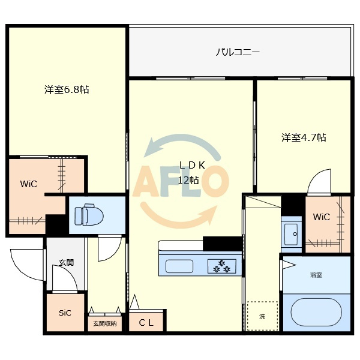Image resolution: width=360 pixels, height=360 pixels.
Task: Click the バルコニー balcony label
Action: [x=238, y=52]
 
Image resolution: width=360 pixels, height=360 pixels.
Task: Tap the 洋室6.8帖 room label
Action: [x=67, y=89]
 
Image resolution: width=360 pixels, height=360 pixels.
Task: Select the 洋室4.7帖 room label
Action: [x=304, y=137]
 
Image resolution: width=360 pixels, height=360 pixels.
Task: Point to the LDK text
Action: [x=192, y=166]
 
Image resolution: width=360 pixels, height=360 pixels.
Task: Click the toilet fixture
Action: [x=89, y=214]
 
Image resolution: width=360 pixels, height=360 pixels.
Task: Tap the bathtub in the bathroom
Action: [x=316, y=312]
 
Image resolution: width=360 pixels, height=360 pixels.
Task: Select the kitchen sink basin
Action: [x=179, y=266]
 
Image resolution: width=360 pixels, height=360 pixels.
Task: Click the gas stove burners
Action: [x=222, y=266]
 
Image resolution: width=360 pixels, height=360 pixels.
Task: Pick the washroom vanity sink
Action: [x=292, y=235]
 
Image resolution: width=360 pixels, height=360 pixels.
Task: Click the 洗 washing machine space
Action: [x=262, y=316]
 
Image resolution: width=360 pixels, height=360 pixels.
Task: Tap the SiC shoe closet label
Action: [x=65, y=313]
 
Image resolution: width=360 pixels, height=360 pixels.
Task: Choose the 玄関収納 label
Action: [x=104, y=324]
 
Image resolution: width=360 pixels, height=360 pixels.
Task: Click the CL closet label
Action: [x=146, y=323]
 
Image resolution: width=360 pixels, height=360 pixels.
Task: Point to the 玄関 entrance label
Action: [x=66, y=262]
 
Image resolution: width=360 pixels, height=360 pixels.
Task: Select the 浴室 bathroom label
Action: [x=316, y=275]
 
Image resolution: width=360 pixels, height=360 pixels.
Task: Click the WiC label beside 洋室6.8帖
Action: [x=28, y=184]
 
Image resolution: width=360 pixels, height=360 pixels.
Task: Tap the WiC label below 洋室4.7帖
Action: [x=322, y=217]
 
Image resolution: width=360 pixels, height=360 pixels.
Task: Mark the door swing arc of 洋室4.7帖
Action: [x=316, y=177]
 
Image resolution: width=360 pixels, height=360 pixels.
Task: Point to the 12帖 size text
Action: [x=188, y=180]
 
